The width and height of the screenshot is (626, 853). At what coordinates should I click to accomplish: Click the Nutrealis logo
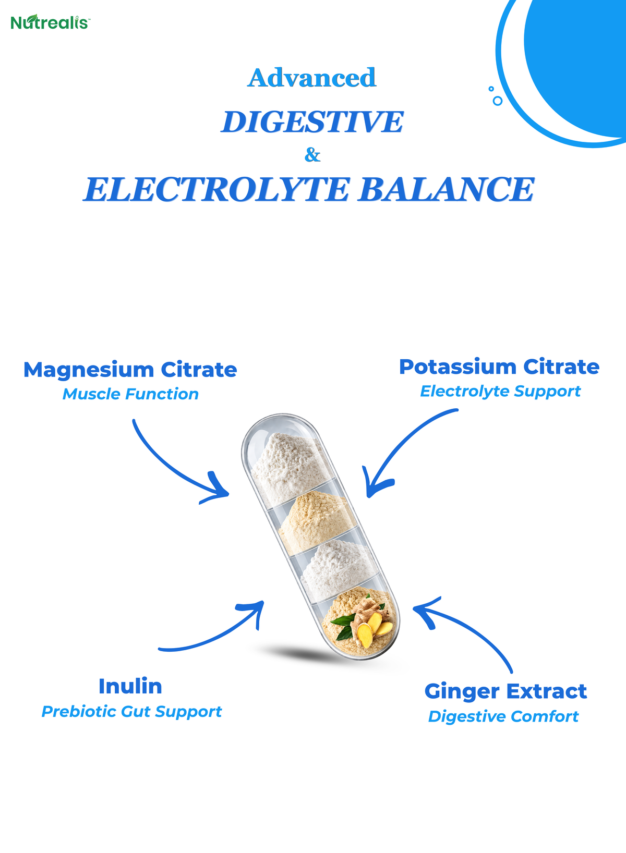50,22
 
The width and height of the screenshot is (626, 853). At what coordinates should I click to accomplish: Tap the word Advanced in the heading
312,78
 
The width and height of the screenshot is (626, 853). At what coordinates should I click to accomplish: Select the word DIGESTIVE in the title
312,122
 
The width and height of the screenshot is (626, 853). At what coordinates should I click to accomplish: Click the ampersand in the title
312,155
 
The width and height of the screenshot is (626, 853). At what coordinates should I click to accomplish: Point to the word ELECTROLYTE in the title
216,189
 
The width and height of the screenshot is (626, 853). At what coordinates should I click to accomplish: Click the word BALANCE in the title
446,189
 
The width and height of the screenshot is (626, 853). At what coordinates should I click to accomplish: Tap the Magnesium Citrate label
130,370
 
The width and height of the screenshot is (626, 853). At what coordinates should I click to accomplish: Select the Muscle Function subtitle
130,394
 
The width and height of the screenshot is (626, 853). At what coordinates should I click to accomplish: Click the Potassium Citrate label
499,367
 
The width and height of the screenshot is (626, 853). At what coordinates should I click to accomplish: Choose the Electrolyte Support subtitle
500,392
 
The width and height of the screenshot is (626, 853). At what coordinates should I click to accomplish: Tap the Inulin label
130,686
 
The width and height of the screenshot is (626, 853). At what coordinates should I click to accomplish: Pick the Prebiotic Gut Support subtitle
131,712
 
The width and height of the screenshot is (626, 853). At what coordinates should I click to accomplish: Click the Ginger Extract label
505,691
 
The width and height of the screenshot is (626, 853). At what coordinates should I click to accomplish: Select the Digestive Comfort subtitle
503,716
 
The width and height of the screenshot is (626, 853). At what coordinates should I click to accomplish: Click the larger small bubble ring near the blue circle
498,101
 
